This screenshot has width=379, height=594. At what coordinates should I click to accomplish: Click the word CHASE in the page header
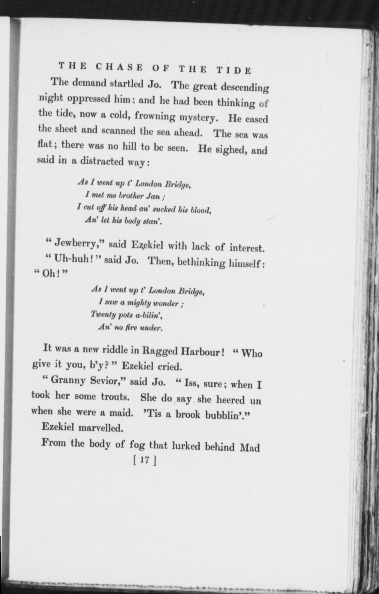[119, 67]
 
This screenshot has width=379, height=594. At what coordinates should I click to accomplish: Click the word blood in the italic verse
[201, 210]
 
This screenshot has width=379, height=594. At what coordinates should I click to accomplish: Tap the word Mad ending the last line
[251, 447]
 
